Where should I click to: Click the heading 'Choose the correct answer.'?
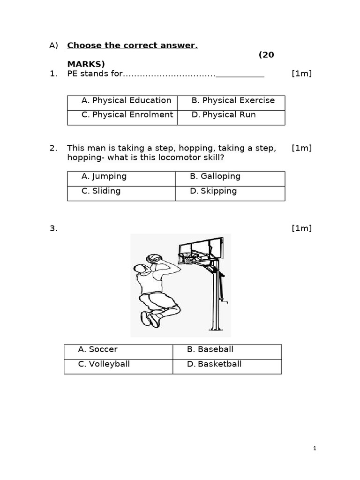[x=132, y=45]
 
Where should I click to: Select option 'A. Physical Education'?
[x=126, y=100]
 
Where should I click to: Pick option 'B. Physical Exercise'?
[x=233, y=100]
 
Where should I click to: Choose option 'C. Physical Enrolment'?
[x=127, y=115]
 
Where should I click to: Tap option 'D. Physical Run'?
[x=224, y=115]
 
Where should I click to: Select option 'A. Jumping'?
[x=104, y=176]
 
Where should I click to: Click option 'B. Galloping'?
[x=215, y=176]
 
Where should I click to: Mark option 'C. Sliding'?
[x=101, y=191]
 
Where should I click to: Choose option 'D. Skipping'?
[x=213, y=191]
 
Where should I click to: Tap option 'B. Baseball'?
[x=210, y=349]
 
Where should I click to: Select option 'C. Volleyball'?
[x=104, y=364]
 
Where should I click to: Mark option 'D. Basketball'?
[x=214, y=364]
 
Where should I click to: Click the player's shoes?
[x=150, y=319]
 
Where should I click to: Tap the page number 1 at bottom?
[x=315, y=449]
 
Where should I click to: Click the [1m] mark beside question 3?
[x=301, y=228]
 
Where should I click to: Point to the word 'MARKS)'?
[x=86, y=64]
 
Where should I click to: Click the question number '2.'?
[x=53, y=148]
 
